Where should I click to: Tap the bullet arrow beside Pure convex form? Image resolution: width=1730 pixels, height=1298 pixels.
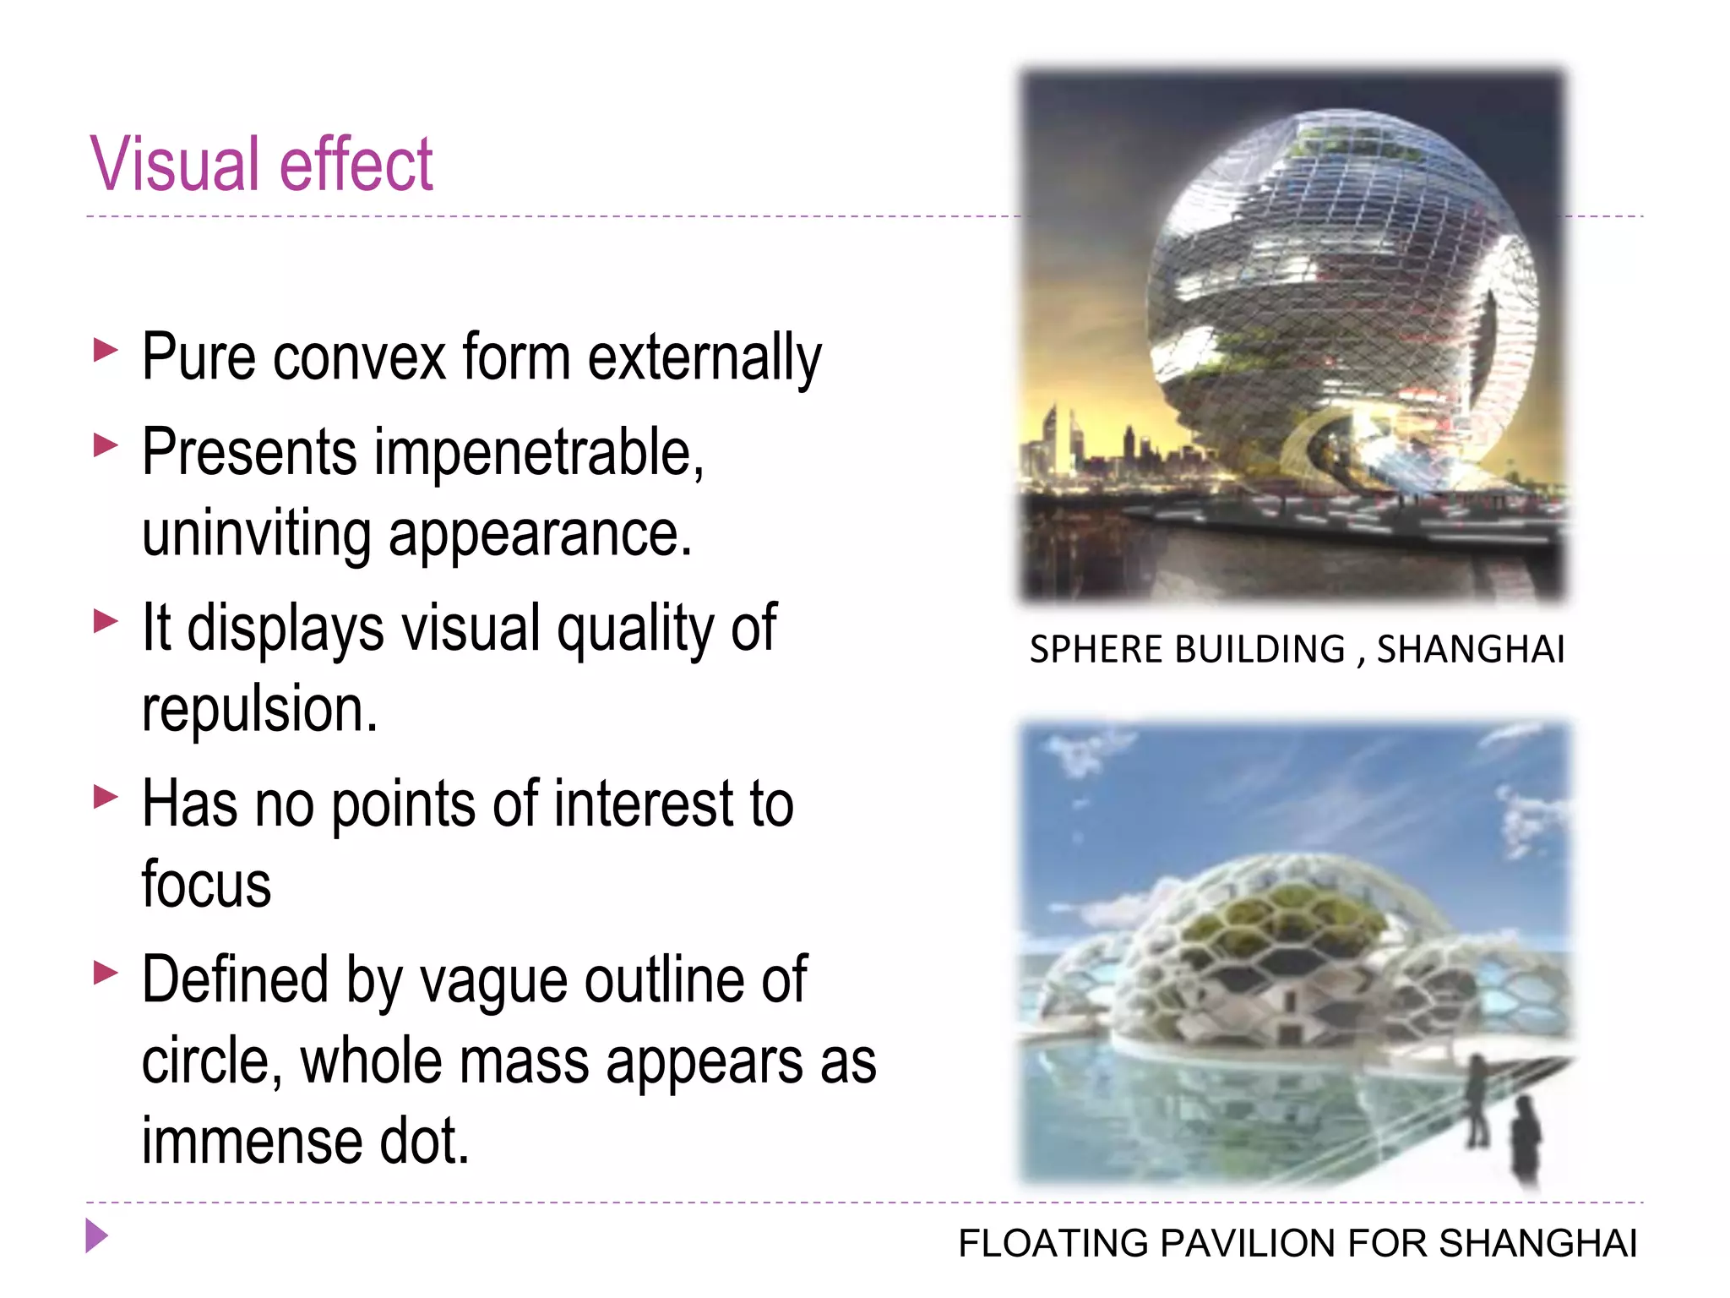[105, 349]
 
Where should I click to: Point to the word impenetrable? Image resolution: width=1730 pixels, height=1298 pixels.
[539, 453]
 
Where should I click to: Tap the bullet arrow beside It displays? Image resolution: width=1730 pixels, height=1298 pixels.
[105, 621]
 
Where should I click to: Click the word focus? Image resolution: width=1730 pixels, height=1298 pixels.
[206, 884]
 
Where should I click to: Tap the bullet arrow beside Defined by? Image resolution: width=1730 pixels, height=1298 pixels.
[105, 973]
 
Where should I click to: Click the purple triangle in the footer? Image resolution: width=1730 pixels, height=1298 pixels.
[96, 1236]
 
